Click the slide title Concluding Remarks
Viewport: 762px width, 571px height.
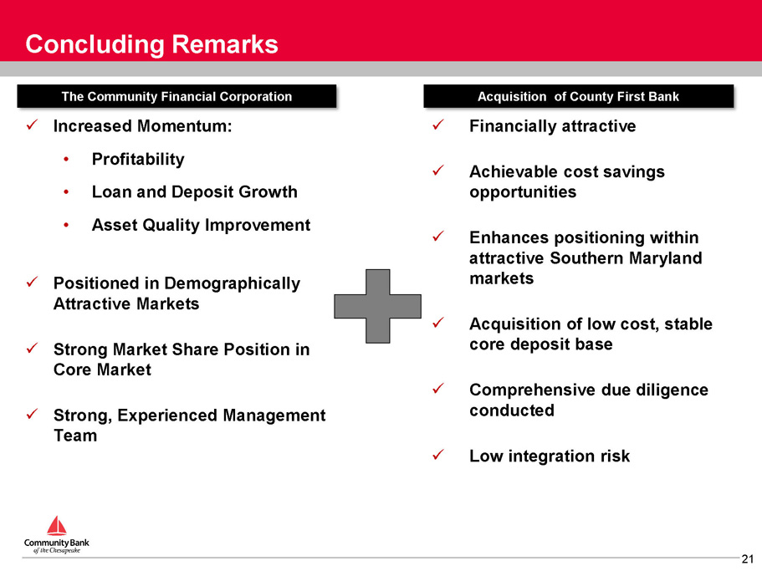click(x=151, y=44)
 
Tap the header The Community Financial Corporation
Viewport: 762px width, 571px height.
click(x=176, y=96)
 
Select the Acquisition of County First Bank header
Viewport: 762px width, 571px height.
click(x=578, y=96)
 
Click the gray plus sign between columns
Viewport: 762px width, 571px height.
click(x=377, y=306)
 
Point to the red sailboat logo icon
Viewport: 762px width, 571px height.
click(x=56, y=525)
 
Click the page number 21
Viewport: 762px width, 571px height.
click(x=748, y=558)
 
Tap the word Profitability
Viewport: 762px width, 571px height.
click(x=138, y=159)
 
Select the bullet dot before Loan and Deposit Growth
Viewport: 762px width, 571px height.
click(x=66, y=192)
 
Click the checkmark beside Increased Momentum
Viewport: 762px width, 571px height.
click(x=32, y=125)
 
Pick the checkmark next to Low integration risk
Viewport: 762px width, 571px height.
click(x=437, y=455)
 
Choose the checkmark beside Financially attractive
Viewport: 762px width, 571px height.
click(x=437, y=125)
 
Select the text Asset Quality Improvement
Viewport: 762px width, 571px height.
click(x=202, y=225)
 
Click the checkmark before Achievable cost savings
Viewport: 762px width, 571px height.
click(x=437, y=171)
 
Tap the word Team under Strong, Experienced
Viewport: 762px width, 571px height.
click(x=75, y=436)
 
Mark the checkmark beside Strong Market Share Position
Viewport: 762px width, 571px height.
click(x=32, y=349)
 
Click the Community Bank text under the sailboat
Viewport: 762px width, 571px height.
click(x=57, y=543)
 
